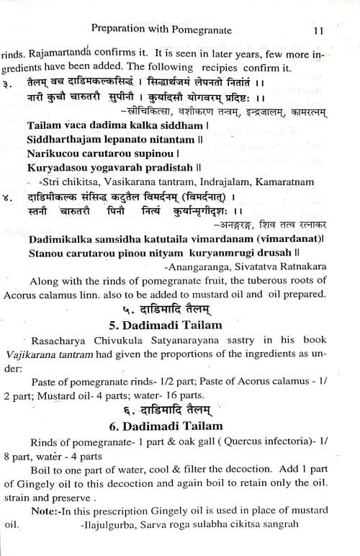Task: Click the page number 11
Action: point(321,31)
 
